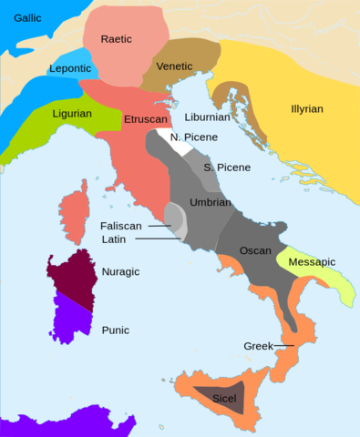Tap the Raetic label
pos(121,39)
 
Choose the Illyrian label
pos(305,108)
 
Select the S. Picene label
pos(227,168)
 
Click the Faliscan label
pos(124,224)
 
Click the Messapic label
pos(312,262)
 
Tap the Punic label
pos(113,330)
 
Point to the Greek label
pos(260,346)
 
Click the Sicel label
pos(224,399)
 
